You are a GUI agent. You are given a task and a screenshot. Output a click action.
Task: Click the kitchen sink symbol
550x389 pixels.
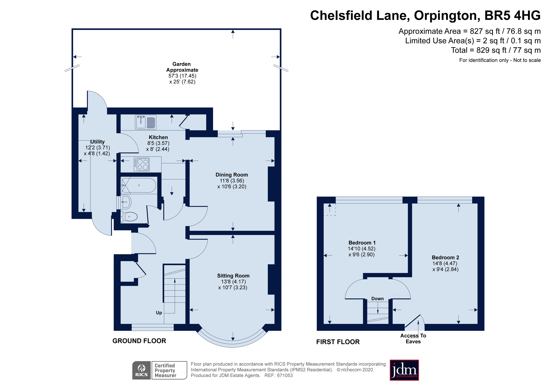(x=145, y=122)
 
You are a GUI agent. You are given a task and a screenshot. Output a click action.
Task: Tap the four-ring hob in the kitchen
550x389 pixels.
(x=142, y=164)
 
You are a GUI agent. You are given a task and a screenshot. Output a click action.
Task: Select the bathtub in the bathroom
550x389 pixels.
(x=139, y=185)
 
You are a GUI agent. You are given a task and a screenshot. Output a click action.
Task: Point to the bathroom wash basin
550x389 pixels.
(x=126, y=202)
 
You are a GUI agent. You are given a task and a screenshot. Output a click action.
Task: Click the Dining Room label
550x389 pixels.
(x=232, y=175)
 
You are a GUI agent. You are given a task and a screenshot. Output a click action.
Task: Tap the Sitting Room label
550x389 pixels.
(x=233, y=276)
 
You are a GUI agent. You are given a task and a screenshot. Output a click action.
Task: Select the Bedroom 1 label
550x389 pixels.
(x=362, y=243)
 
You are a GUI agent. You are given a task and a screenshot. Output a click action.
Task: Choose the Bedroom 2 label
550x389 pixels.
(x=445, y=257)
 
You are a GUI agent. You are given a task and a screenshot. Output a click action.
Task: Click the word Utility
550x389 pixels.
(x=97, y=142)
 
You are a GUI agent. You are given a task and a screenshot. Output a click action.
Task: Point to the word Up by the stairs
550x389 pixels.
(x=159, y=313)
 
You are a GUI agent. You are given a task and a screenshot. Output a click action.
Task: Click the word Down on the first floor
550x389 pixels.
(x=377, y=298)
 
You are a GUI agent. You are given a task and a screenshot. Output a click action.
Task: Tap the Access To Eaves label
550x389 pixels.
(x=413, y=338)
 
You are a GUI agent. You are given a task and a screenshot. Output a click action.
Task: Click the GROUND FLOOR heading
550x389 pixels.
(x=139, y=341)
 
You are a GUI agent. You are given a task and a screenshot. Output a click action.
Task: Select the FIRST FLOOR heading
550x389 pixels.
(x=338, y=342)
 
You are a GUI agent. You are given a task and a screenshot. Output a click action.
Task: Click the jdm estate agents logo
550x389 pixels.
(x=404, y=370)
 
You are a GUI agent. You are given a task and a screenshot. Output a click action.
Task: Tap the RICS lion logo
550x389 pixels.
(x=141, y=370)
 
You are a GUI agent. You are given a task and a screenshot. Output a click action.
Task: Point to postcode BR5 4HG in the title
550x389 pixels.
(x=512, y=15)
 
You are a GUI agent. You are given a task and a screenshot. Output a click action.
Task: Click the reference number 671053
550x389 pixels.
(x=285, y=376)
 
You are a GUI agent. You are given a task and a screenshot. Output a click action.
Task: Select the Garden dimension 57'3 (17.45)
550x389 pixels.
(x=182, y=76)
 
